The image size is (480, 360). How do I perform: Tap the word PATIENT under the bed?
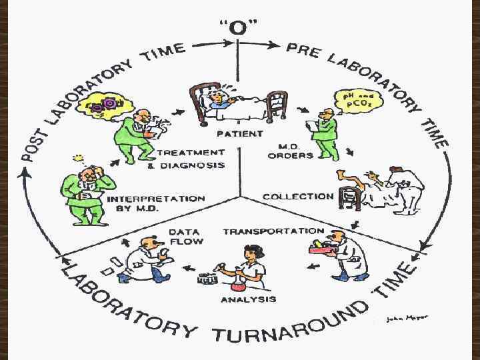pyautogui.click(x=231, y=133)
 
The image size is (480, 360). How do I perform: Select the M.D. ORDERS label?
pyautogui.click(x=290, y=151)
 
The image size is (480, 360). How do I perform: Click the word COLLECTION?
pyautogui.click(x=298, y=197)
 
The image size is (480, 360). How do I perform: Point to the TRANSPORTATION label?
pyautogui.click(x=273, y=231)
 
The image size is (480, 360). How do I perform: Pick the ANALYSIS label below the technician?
pyautogui.click(x=248, y=299)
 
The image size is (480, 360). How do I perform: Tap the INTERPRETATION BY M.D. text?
pyautogui.click(x=156, y=203)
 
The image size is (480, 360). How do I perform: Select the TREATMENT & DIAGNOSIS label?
pyautogui.click(x=191, y=159)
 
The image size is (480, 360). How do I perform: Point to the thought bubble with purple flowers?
pyautogui.click(x=107, y=105)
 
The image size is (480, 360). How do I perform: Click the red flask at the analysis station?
pyautogui.click(x=238, y=284)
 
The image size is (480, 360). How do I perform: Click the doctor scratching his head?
pyautogui.click(x=85, y=190)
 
